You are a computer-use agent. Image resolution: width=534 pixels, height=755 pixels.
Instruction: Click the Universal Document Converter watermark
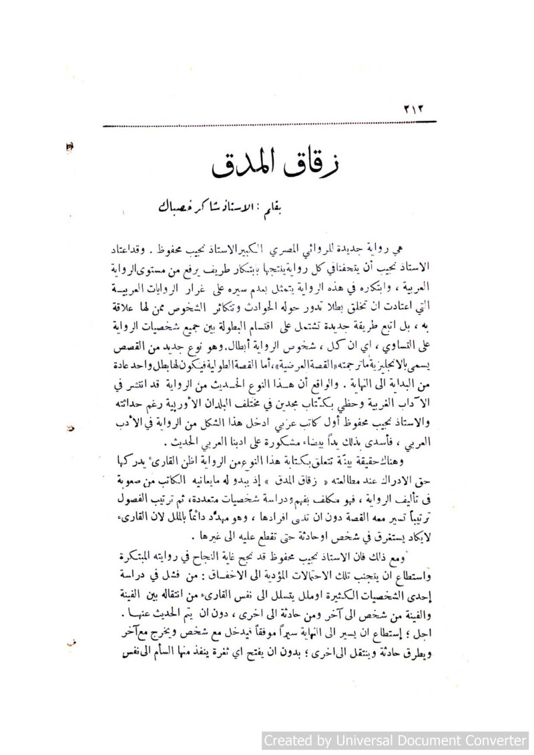coord(395,740)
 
